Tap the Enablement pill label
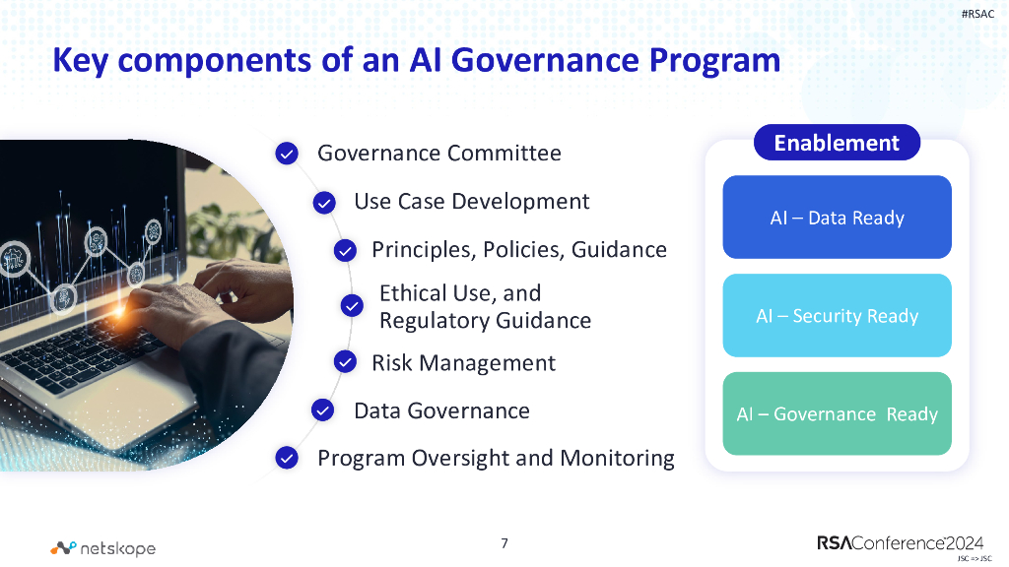pos(837,143)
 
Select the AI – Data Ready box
pos(837,218)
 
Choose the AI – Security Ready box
pos(837,316)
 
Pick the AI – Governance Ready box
pos(837,414)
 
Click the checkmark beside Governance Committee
pos(287,154)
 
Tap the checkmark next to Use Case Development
pos(324,203)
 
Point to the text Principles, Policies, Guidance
pos(518,250)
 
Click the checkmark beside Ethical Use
pos(352,306)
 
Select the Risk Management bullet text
pos(463,363)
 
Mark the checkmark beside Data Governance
pos(323,410)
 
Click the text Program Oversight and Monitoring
pos(496,458)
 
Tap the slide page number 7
pos(504,543)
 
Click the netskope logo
pos(103,548)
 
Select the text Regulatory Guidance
pos(485,321)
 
